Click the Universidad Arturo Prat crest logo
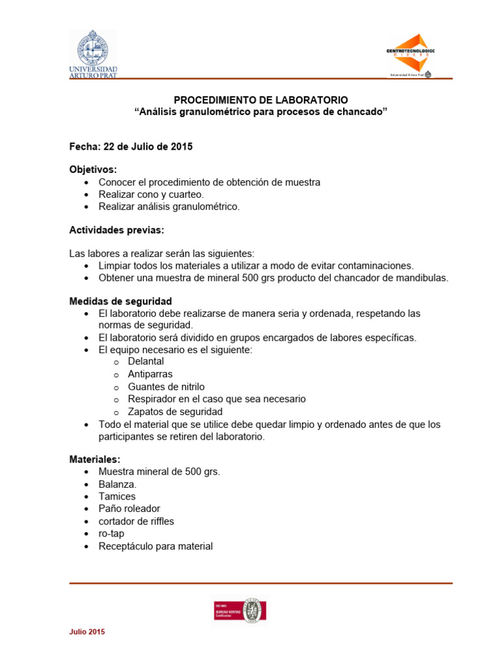[93, 52]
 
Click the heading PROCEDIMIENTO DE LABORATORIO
[261, 100]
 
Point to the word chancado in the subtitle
[361, 113]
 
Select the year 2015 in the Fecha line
[181, 147]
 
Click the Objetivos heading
[93, 170]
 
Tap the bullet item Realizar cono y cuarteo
[151, 194]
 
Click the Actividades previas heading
[117, 230]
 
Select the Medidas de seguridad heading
[121, 302]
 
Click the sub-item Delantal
[146, 362]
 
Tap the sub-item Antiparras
[150, 374]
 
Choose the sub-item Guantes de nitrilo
[166, 386]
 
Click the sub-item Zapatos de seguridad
[175, 412]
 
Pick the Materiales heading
[95, 459]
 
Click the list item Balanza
[118, 484]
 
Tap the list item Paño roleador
[129, 509]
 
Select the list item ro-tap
[111, 534]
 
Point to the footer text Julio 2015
[87, 632]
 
